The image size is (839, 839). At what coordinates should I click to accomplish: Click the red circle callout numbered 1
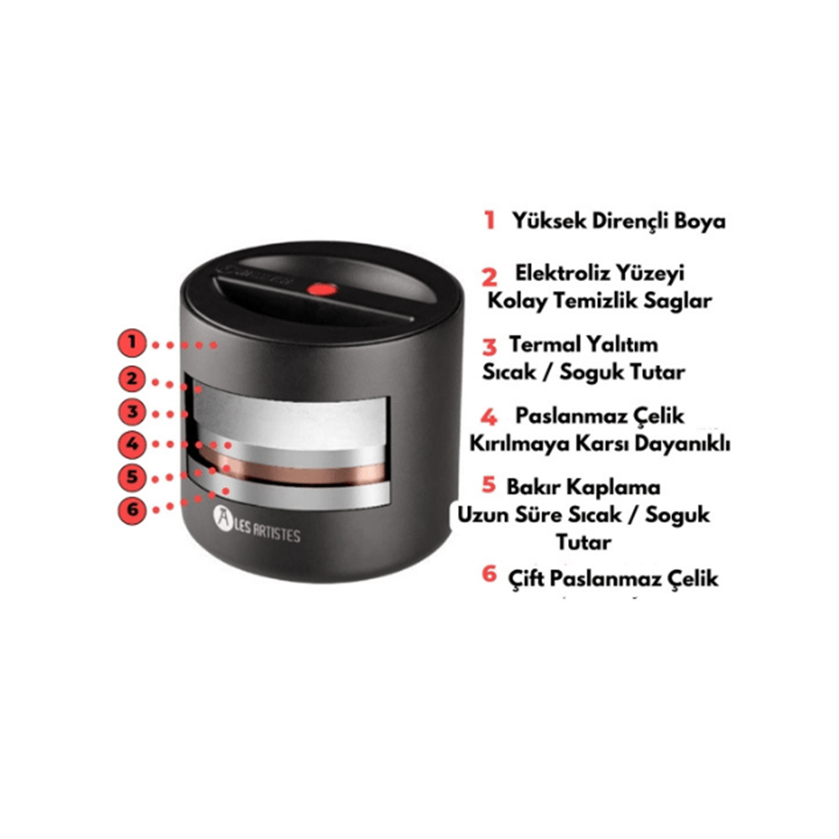[x=132, y=343]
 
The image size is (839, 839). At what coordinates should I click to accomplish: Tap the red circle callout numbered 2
[x=132, y=379]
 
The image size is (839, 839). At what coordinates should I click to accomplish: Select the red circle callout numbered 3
[x=132, y=413]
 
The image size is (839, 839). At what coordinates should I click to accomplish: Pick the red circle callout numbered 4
[x=132, y=444]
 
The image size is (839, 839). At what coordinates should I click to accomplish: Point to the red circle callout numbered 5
[x=132, y=477]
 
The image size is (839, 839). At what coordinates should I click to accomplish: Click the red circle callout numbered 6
[x=132, y=509]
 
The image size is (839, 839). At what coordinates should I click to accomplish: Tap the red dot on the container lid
[x=322, y=289]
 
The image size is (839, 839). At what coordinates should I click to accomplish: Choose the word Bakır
[x=534, y=487]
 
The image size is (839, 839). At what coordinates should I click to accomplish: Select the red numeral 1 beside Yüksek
[x=490, y=220]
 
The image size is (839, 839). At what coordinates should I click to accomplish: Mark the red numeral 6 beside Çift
[x=489, y=574]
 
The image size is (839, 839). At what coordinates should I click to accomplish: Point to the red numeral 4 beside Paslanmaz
[x=489, y=417]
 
